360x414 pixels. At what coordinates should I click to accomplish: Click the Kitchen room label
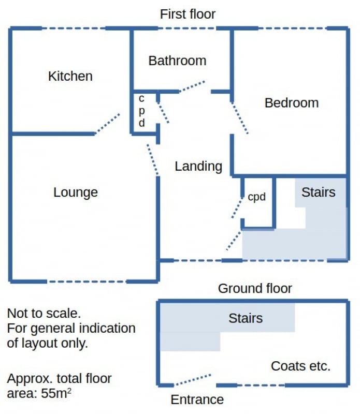[70, 76]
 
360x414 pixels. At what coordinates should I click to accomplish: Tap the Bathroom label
[177, 61]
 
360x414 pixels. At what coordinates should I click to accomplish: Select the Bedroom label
[292, 102]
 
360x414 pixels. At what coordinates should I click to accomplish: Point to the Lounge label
[76, 193]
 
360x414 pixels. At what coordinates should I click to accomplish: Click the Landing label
[198, 167]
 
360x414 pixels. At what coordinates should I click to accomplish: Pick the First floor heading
[188, 14]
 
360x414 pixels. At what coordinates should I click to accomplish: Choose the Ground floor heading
[255, 288]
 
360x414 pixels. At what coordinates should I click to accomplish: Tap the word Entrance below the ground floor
[197, 400]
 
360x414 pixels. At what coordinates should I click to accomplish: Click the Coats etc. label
[300, 366]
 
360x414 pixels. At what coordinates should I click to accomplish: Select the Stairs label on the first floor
[319, 192]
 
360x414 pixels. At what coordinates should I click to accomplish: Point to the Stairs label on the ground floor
[246, 318]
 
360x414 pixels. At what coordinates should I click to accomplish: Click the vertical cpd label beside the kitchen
[142, 111]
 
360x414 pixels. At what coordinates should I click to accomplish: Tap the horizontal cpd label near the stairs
[256, 197]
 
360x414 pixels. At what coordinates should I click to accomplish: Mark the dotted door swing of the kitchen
[107, 124]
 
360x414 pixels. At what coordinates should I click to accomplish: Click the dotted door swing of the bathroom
[192, 86]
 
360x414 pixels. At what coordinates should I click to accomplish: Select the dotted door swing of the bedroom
[240, 118]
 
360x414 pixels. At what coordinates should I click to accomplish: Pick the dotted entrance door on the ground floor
[193, 379]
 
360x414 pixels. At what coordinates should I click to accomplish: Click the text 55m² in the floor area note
[56, 393]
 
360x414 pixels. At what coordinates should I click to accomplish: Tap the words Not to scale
[44, 314]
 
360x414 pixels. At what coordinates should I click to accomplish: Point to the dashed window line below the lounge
[87, 282]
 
